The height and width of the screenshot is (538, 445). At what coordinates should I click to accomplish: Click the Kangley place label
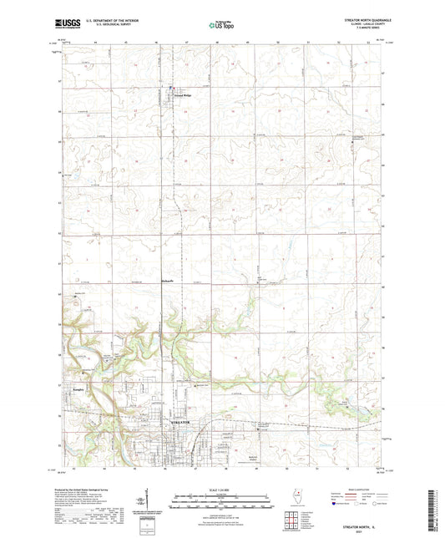(x=79, y=388)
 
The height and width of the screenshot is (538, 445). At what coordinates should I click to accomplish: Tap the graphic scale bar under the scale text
(x=222, y=498)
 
